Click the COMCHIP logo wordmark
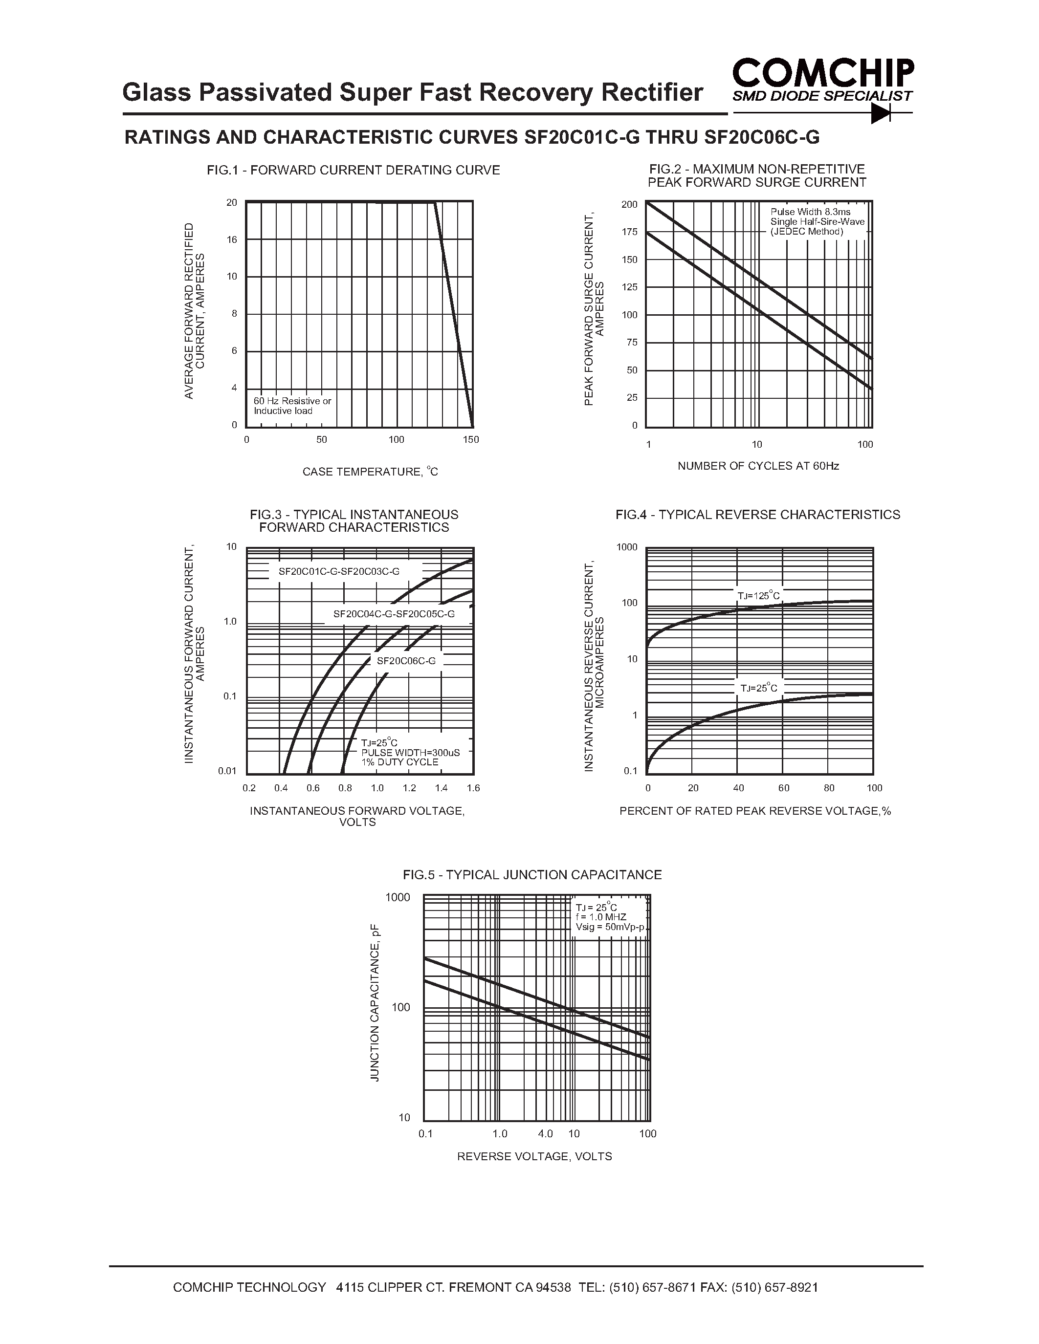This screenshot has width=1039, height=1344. tap(823, 73)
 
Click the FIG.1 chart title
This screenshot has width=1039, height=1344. tap(354, 171)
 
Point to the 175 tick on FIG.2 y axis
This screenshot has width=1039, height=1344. tap(630, 232)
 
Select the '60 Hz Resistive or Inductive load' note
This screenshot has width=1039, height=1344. tap(292, 406)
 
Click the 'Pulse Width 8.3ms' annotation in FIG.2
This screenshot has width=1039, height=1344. tap(810, 212)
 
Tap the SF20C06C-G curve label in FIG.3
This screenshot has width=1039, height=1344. tap(406, 661)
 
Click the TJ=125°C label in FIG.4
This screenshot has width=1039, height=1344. tap(758, 596)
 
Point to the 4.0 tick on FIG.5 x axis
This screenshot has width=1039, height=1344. tap(545, 1133)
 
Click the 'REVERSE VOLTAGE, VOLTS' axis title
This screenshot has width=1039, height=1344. tap(534, 1156)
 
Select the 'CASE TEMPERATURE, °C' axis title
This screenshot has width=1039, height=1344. tap(370, 472)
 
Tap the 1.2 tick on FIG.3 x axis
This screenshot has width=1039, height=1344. tap(409, 788)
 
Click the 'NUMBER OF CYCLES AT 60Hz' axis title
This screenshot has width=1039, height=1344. tap(758, 466)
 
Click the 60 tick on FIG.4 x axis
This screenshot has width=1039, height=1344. tap(784, 788)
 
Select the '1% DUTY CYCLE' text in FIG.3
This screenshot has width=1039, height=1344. tap(399, 762)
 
